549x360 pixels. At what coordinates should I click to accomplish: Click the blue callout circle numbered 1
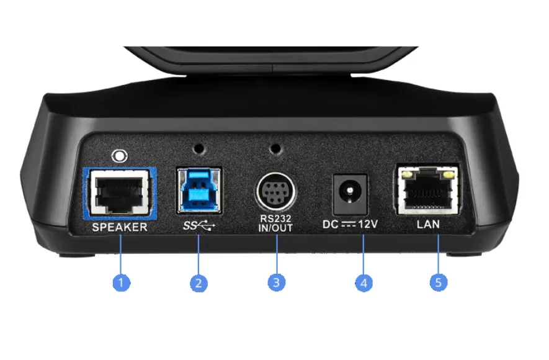pyautogui.click(x=121, y=282)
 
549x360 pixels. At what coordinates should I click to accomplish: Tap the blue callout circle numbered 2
pyautogui.click(x=199, y=283)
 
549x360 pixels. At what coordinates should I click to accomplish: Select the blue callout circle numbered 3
pyautogui.click(x=276, y=282)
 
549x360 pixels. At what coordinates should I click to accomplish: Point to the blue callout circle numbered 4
pyautogui.click(x=364, y=283)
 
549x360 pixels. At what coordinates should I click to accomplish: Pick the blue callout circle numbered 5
pyautogui.click(x=439, y=282)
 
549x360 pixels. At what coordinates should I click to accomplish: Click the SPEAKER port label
pyautogui.click(x=120, y=227)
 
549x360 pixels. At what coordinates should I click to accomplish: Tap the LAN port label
pyautogui.click(x=428, y=224)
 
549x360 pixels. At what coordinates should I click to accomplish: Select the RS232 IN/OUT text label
pyautogui.click(x=275, y=223)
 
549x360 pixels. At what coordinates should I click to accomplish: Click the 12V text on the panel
pyautogui.click(x=368, y=224)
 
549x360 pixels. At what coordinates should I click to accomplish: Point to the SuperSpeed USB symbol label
pyautogui.click(x=199, y=226)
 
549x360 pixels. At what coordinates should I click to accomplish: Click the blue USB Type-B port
pyautogui.click(x=199, y=190)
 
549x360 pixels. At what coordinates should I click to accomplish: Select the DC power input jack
pyautogui.click(x=350, y=194)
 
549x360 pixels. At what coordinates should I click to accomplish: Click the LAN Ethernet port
pyautogui.click(x=428, y=189)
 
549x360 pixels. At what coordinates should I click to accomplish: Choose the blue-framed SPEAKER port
pyautogui.click(x=120, y=193)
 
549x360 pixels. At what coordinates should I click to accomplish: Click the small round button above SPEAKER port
pyautogui.click(x=119, y=156)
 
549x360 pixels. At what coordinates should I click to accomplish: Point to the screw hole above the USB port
pyautogui.click(x=199, y=148)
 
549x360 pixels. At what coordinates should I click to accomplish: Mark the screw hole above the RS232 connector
pyautogui.click(x=276, y=148)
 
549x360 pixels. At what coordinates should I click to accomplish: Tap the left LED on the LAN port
pyautogui.click(x=407, y=174)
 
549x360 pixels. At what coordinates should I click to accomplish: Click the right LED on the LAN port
pyautogui.click(x=448, y=174)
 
